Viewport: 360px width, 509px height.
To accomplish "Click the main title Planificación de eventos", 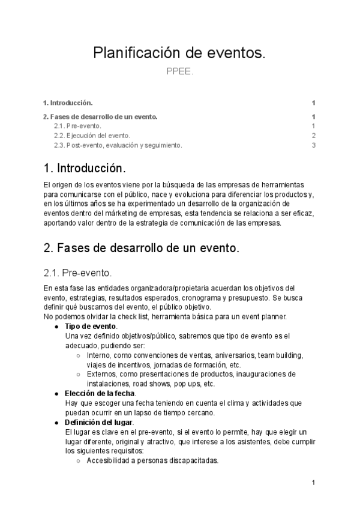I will click(x=179, y=53).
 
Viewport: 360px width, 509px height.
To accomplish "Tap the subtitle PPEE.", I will click(x=179, y=72).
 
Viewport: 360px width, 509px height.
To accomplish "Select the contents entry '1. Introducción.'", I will click(x=68, y=103).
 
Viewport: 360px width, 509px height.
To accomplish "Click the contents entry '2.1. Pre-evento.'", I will click(x=77, y=126).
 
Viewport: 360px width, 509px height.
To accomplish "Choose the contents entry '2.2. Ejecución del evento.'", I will click(x=92, y=136).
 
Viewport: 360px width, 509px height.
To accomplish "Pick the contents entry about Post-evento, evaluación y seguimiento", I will click(x=118, y=145).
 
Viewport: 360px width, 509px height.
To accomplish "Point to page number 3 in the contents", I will click(x=313, y=145).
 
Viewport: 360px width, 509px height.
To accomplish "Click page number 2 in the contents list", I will click(x=313, y=136).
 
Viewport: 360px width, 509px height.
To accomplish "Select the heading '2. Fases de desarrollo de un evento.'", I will click(x=142, y=248).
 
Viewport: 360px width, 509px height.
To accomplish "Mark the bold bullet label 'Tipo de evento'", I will click(x=91, y=326).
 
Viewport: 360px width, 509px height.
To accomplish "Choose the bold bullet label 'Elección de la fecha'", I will click(x=100, y=393).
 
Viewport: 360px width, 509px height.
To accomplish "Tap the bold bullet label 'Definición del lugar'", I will click(x=99, y=422).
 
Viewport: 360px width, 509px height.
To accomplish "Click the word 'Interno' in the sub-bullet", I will click(x=99, y=355).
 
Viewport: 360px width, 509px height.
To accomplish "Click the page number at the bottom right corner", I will click(x=313, y=483).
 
